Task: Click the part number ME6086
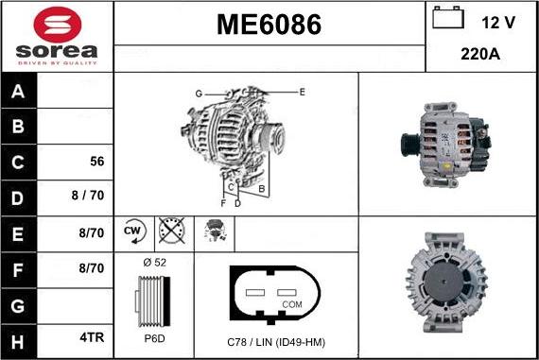pyautogui.click(x=269, y=25)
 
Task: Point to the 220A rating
pyautogui.click(x=479, y=54)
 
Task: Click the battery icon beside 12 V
pyautogui.click(x=446, y=19)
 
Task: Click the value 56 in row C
pyautogui.click(x=96, y=162)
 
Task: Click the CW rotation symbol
pyautogui.click(x=132, y=231)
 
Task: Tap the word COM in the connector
pyautogui.click(x=291, y=303)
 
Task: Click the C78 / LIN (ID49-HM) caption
pyautogui.click(x=275, y=341)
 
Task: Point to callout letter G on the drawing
pyautogui.click(x=200, y=93)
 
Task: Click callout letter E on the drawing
pyautogui.click(x=302, y=92)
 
